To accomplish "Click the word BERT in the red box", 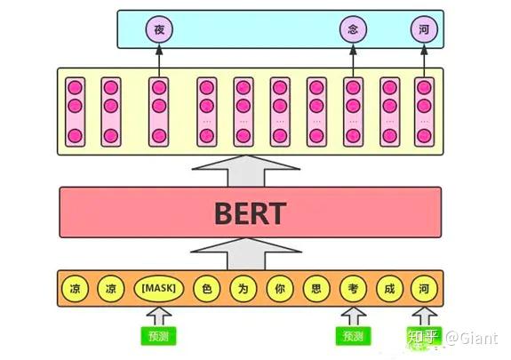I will [x=250, y=213].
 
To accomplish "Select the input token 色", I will [x=205, y=289].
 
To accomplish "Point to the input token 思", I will [x=316, y=289].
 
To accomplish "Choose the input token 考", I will [x=353, y=289].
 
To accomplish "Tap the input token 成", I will [x=389, y=289].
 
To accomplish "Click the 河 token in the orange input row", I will [x=424, y=289].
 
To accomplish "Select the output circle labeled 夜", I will [x=159, y=30].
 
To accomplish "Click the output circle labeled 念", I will [x=353, y=30].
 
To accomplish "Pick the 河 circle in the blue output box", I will [x=424, y=30].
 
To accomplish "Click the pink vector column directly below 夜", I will [x=159, y=112].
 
